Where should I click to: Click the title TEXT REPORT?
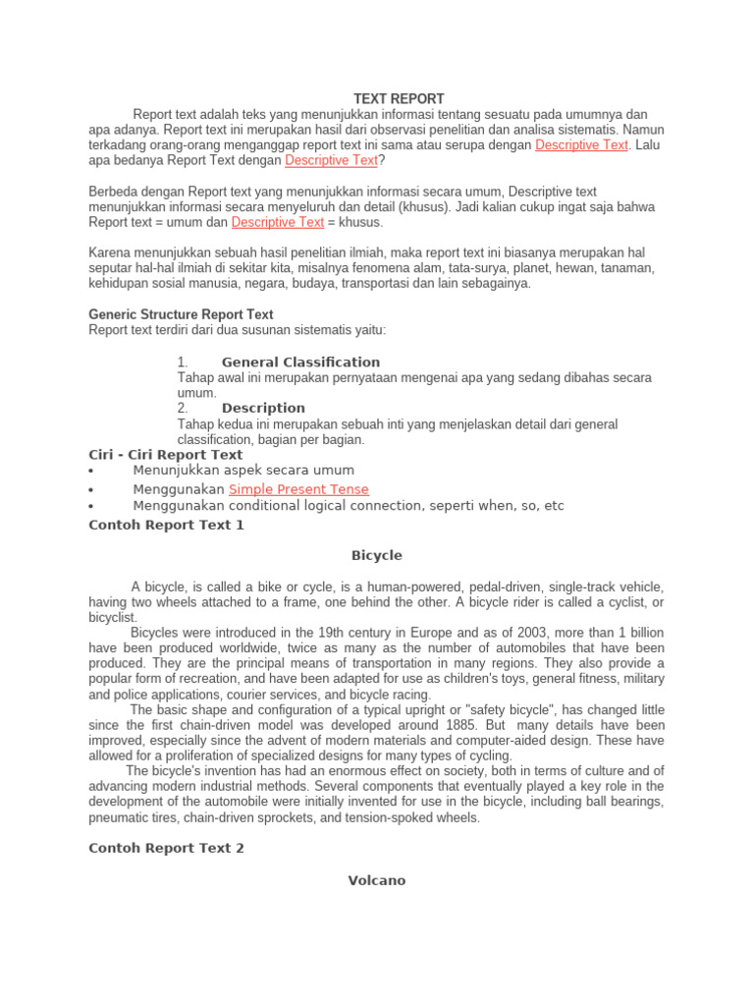coord(399,99)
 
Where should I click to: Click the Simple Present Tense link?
coord(299,489)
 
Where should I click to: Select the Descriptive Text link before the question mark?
coord(331,160)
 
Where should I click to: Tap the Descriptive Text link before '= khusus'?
coord(278,222)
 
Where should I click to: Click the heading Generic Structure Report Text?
coord(181,314)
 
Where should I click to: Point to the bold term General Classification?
coord(300,362)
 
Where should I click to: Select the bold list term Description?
coord(263,408)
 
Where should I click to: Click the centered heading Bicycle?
coord(377,555)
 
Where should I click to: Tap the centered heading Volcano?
coord(377,880)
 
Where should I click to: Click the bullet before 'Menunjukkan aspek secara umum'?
coord(90,472)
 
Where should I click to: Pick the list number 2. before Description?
coord(183,408)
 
